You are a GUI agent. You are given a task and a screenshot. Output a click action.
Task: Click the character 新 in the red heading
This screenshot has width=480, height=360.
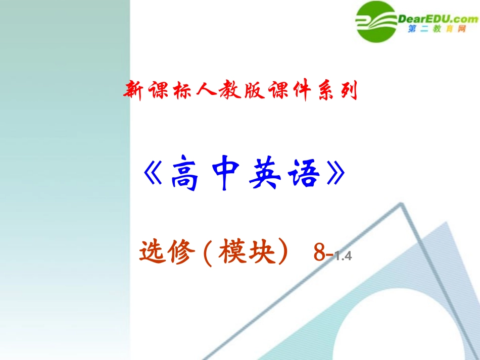[133, 91]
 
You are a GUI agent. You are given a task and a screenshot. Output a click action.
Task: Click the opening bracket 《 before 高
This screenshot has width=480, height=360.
[152, 175]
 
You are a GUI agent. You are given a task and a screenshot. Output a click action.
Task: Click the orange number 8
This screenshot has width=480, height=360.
[319, 253]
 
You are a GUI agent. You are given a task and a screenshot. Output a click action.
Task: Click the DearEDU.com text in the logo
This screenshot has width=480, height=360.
[439, 19]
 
